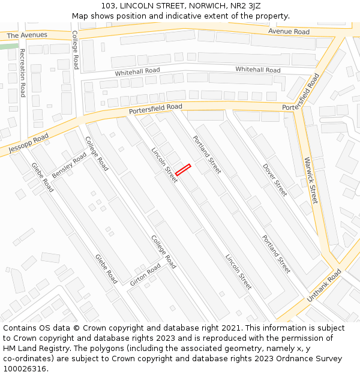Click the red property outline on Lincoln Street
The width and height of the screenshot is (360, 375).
point(183,169)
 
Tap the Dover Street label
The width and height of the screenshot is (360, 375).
point(275,179)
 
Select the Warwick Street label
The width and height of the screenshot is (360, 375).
point(311,180)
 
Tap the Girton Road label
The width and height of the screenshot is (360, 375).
point(145,274)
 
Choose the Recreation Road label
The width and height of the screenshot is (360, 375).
point(23,73)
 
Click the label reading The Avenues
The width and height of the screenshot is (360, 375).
point(27,35)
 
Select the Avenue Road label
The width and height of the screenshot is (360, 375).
point(289,31)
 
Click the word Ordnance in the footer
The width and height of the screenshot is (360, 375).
point(287,359)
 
